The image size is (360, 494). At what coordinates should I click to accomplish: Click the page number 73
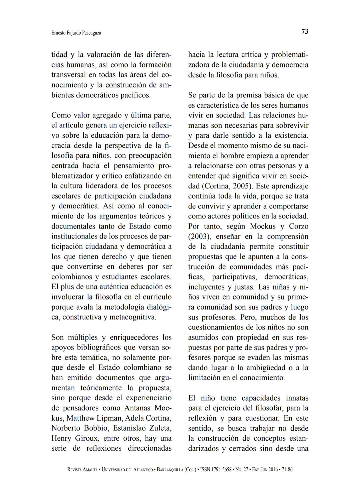pyautogui.click(x=305, y=31)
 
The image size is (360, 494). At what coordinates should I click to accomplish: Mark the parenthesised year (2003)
pyautogui.click(x=199, y=236)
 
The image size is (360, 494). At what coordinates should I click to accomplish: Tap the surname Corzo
pyautogui.click(x=299, y=226)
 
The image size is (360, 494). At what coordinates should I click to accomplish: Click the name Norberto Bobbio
pyautogui.click(x=80, y=428)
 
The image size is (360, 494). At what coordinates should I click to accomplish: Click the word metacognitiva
pyautogui.click(x=133, y=317)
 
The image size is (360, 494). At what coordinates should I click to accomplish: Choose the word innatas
pyautogui.click(x=297, y=398)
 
